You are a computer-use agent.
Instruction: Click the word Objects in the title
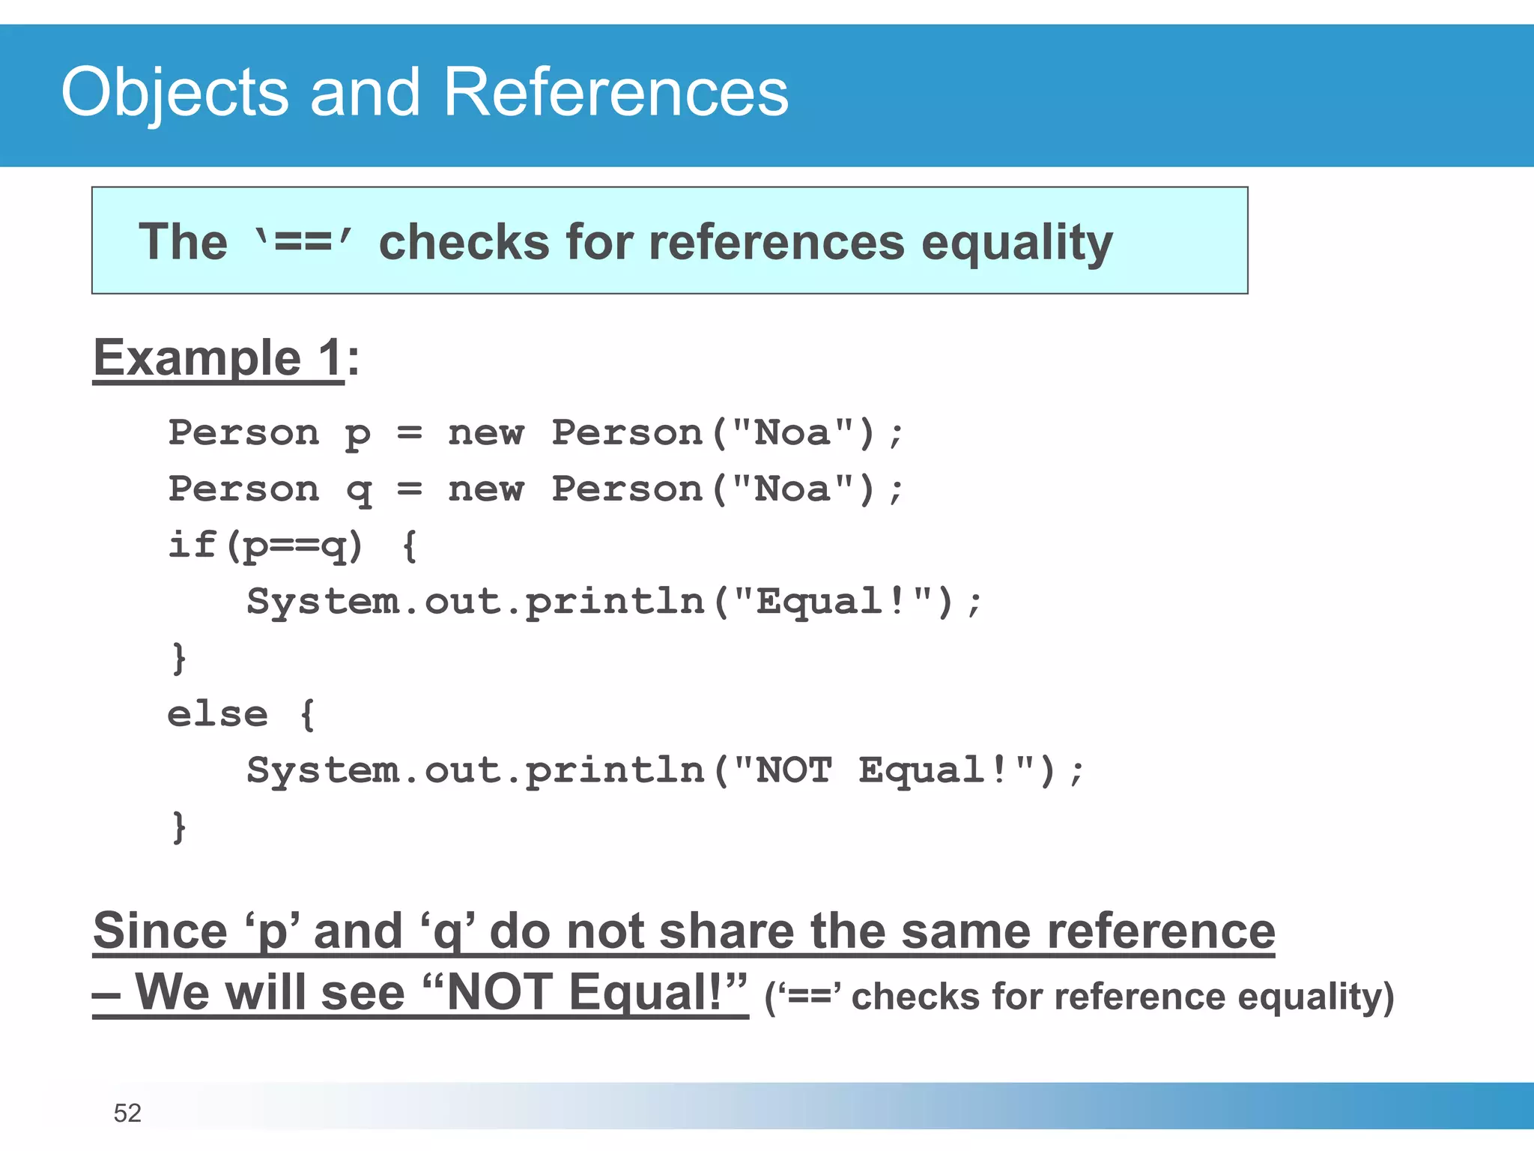(x=175, y=92)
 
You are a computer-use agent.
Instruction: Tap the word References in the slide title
(x=616, y=92)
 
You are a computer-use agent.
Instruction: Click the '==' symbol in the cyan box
(x=303, y=242)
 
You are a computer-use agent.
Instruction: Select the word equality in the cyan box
(x=1016, y=244)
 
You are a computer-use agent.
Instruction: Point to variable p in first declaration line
(x=357, y=434)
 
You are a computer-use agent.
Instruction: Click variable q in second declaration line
(x=359, y=490)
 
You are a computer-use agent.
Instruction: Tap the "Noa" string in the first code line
(x=792, y=432)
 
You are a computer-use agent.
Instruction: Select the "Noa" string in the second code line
(x=792, y=489)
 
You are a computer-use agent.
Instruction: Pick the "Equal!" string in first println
(x=833, y=601)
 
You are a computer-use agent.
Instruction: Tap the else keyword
(x=217, y=714)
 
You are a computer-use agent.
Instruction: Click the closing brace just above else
(x=178, y=658)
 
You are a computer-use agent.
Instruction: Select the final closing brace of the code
(x=178, y=827)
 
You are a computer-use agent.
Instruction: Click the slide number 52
(x=127, y=1113)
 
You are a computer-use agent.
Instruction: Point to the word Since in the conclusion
(x=160, y=931)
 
